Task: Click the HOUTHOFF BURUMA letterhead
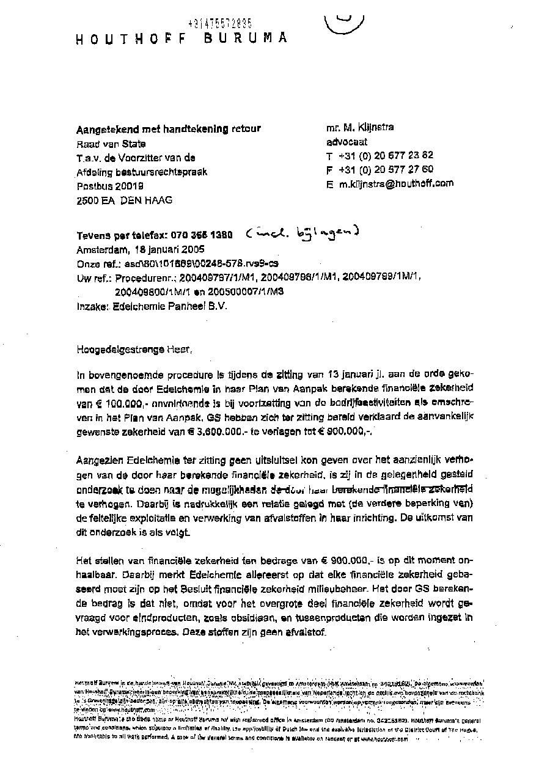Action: point(181,38)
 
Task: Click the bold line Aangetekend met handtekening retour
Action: point(168,129)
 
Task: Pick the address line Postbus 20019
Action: point(110,186)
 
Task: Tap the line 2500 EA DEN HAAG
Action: point(124,200)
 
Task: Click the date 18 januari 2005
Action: point(166,249)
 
